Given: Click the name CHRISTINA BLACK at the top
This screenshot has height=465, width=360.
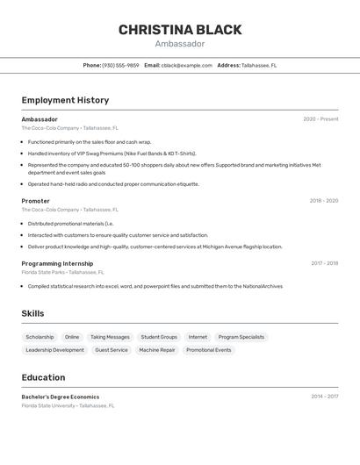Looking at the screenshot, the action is [x=180, y=30].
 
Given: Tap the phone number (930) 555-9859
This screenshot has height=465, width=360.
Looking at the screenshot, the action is [x=120, y=65].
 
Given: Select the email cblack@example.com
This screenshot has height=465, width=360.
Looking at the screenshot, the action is [x=187, y=65].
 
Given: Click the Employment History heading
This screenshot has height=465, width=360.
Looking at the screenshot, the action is [x=65, y=100].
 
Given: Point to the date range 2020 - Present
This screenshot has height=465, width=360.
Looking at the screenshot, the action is [x=320, y=119].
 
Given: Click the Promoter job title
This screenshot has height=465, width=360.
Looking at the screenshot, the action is [x=36, y=201].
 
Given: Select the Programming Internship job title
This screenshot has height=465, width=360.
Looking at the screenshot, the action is [x=57, y=263].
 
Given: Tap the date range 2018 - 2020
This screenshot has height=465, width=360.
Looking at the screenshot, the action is [x=323, y=201].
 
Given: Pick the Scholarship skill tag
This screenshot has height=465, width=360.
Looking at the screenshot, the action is [x=40, y=337].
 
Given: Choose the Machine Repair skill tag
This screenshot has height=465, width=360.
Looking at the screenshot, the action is [x=157, y=350].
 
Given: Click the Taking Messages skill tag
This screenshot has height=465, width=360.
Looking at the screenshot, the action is [x=110, y=337].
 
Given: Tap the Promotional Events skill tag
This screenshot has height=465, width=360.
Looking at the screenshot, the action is [x=209, y=350].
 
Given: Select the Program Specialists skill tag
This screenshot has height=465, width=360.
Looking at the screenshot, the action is [x=241, y=337].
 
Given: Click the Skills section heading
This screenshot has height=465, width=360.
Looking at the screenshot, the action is [x=32, y=313].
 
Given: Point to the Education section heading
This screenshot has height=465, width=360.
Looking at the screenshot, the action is [x=43, y=377].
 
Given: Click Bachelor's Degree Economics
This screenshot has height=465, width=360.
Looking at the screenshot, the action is [x=61, y=397].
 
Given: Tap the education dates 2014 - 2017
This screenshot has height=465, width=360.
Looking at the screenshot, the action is [x=324, y=397].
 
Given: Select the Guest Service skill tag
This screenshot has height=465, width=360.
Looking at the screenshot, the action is [x=112, y=350].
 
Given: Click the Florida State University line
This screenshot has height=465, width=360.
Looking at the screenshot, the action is [x=68, y=405].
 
